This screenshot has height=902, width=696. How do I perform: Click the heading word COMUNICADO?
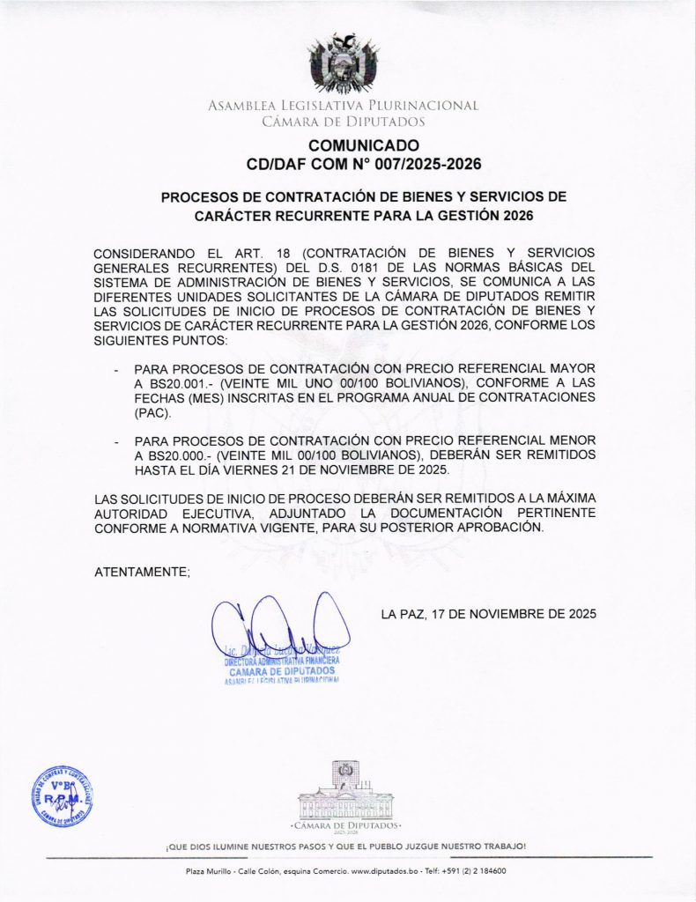364,145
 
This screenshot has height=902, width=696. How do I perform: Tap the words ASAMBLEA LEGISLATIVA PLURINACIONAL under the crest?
344,106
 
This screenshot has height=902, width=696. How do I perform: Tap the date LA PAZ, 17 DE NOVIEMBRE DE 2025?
489,614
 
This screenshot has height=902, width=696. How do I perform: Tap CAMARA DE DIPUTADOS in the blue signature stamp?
275,670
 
